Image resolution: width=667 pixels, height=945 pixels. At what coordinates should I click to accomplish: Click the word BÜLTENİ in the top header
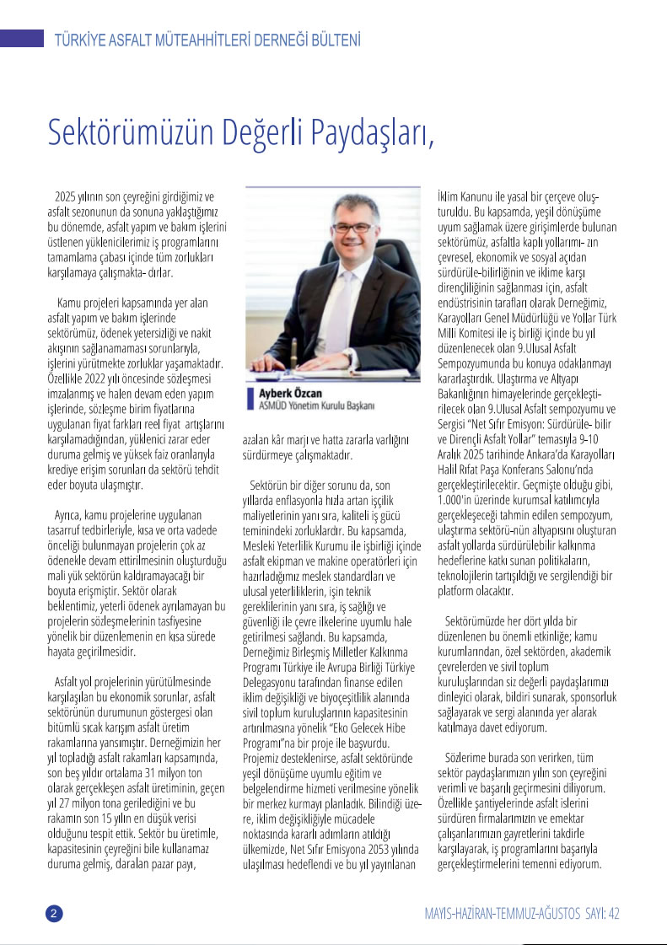click(331, 40)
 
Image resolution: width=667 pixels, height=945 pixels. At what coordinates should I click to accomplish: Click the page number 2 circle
click(53, 914)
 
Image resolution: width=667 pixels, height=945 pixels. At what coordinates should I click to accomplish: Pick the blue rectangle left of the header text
click(22, 38)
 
